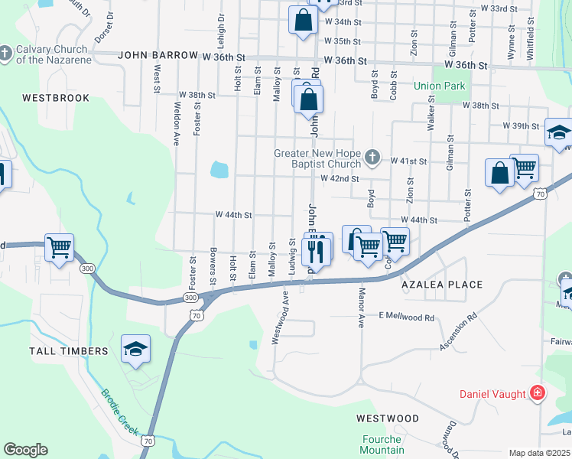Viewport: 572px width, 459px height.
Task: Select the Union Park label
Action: click(x=439, y=86)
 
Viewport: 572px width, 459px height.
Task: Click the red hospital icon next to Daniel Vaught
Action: click(x=538, y=393)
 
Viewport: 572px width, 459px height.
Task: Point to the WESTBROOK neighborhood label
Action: click(x=56, y=98)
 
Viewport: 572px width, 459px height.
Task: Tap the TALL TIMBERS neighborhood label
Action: click(x=69, y=350)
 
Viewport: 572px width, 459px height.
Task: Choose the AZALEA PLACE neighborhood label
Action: click(x=443, y=285)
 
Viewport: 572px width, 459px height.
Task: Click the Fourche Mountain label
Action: click(x=382, y=444)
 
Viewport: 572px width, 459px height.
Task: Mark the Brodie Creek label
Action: click(x=120, y=414)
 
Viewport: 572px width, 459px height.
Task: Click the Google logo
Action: click(x=25, y=450)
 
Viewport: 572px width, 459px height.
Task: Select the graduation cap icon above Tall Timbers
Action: click(x=135, y=349)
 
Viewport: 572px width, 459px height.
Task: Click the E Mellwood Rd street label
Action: click(x=406, y=317)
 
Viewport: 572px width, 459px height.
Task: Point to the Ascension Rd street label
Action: click(x=458, y=331)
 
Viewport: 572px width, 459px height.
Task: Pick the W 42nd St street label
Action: click(x=340, y=178)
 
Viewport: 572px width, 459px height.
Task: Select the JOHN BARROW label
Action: click(x=158, y=57)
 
